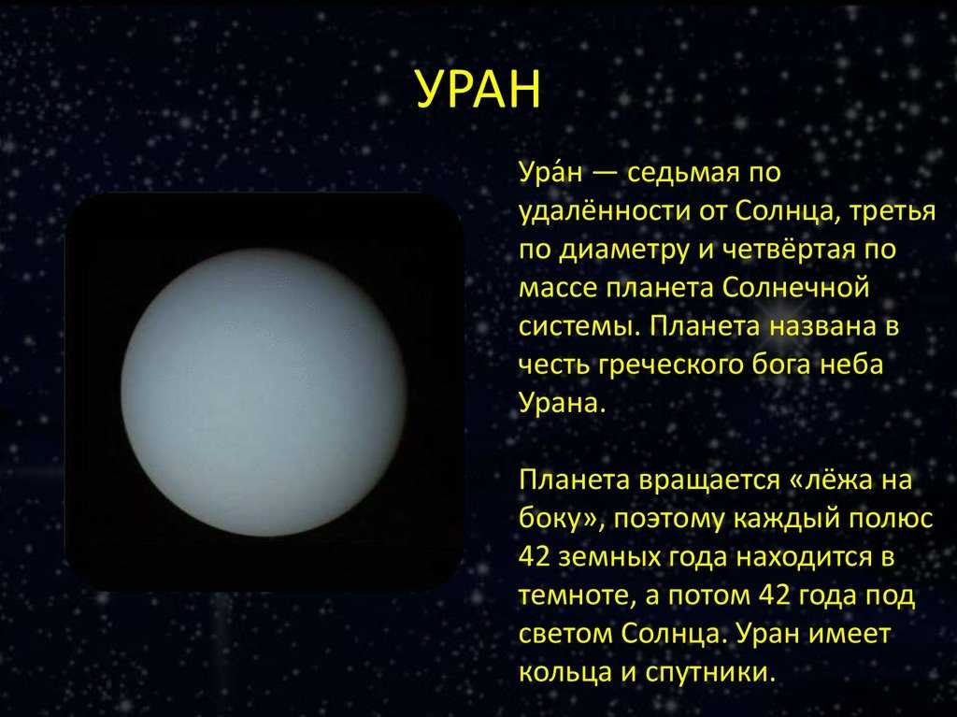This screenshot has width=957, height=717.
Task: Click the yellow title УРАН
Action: [478, 89]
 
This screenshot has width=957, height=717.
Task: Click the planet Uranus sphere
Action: [263, 392]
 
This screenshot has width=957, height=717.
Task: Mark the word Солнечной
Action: [795, 288]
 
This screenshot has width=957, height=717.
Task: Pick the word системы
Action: [579, 327]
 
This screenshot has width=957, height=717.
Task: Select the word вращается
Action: [708, 480]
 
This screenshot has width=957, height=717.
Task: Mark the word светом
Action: [565, 635]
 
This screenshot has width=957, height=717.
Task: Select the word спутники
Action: [710, 673]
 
